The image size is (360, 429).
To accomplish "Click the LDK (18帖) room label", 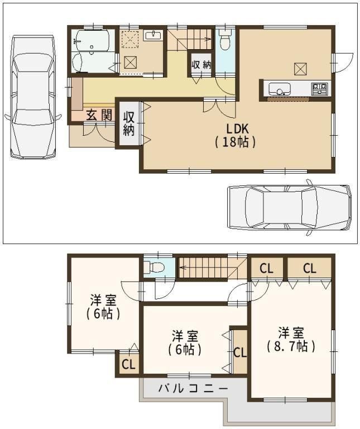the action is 236,135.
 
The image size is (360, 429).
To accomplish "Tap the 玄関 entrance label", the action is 99,115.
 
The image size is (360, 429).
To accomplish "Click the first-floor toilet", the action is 225,40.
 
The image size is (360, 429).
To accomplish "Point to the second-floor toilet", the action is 154,266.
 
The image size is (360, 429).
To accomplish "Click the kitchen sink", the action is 280,89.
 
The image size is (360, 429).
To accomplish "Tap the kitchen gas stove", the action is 319,89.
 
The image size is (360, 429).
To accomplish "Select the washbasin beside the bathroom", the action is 153,36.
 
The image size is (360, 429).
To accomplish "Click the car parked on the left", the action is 32,97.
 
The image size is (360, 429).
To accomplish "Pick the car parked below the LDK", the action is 289,207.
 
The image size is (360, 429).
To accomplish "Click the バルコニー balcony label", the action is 193,389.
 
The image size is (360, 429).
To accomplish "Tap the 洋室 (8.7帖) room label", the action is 291,340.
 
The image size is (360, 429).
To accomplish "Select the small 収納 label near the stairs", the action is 201,65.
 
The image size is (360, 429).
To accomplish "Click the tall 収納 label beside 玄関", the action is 129,123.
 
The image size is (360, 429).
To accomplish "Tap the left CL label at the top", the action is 267,268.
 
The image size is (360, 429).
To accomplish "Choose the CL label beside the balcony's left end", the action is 128,364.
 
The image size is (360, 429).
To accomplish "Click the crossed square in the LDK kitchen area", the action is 300,69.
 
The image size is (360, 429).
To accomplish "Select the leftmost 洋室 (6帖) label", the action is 103,307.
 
